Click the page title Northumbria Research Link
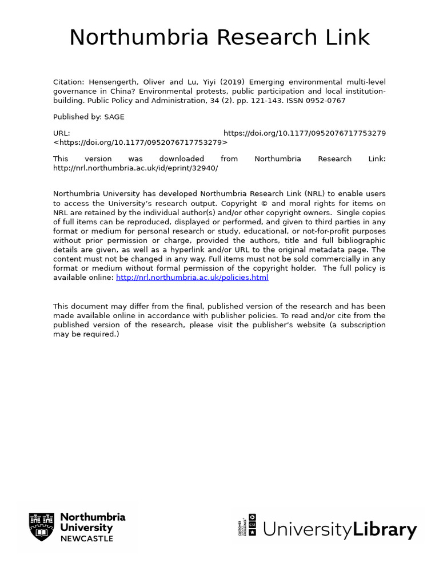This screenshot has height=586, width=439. (219, 38)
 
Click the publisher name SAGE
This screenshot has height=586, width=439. (114, 117)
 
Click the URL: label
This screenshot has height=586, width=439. (62, 133)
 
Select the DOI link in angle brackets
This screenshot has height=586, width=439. (141, 142)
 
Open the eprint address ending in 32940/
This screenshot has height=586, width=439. (135, 168)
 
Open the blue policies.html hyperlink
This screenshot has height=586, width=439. (192, 278)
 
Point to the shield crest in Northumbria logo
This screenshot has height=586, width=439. (42, 527)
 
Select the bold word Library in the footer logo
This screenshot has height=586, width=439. (385, 529)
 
